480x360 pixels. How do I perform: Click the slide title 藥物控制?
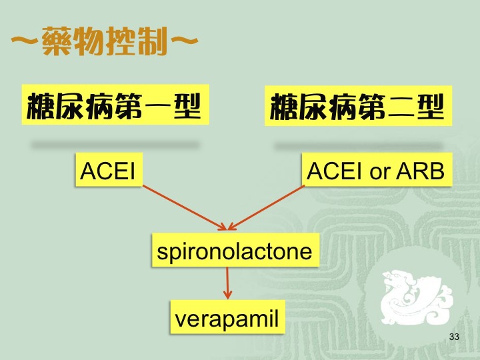coord(105,41)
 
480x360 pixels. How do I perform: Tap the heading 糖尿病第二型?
coord(358,106)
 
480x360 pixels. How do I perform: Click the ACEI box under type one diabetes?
coord(109,169)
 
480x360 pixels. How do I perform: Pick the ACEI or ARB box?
coord(377,169)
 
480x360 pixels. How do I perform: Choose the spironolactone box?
coord(235,250)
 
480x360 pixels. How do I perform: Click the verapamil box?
coord(228,317)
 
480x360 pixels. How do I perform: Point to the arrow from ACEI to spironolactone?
coord(185,207)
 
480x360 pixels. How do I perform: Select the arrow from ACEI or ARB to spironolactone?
coord(266,207)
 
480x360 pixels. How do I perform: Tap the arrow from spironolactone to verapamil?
coord(227,283)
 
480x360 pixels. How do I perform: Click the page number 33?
coord(454,337)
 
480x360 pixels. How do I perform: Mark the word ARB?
coord(420,171)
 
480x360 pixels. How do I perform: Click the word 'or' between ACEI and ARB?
coord(379,173)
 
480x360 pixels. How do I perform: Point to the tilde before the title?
coord(25,41)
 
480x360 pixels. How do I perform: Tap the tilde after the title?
coord(184,41)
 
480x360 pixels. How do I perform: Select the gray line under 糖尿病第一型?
coord(115,145)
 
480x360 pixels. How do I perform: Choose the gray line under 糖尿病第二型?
coord(358,145)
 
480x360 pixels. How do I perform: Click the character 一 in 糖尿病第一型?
coord(158,106)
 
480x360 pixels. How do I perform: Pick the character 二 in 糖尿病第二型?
coord(401,107)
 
